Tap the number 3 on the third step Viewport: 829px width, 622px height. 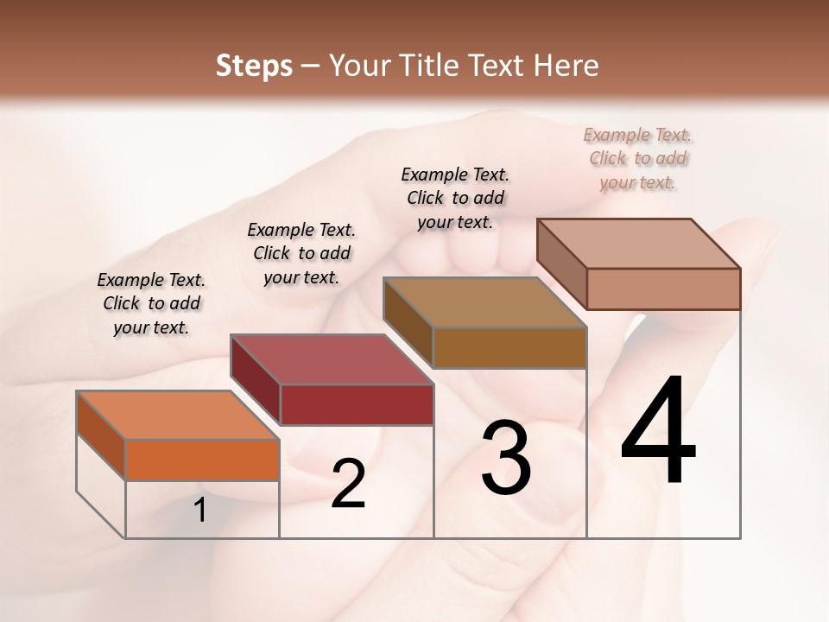tap(506, 457)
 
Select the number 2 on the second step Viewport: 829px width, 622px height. tap(348, 484)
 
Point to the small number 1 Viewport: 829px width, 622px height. tap(200, 511)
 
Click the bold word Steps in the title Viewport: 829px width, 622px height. tap(254, 66)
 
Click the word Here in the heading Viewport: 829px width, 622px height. tap(566, 66)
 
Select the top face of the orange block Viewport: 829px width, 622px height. tap(177, 416)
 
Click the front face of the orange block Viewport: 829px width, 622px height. tap(202, 460)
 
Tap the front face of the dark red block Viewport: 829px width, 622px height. tap(356, 404)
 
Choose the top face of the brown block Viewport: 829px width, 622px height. tap(484, 302)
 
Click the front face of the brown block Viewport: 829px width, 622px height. tap(509, 347)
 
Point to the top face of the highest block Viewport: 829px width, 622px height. tap(638, 244)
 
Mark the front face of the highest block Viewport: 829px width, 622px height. tap(663, 289)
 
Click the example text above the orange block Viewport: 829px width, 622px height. tap(151, 303)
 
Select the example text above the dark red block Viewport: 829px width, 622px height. tap(301, 253)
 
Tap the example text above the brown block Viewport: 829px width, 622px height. tap(455, 198)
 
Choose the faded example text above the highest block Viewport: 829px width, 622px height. tap(637, 158)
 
